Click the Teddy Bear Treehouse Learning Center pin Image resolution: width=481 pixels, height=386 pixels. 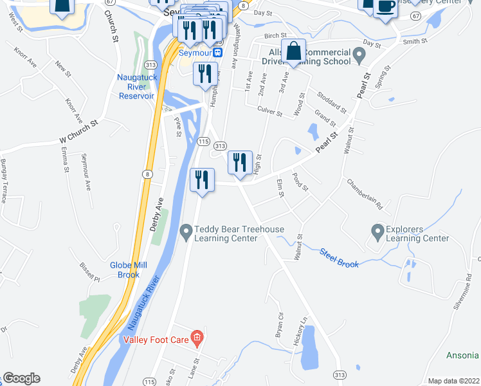[x=186, y=230]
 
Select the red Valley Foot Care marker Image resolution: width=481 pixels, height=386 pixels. [x=197, y=337]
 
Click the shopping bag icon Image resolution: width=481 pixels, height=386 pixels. [x=293, y=51]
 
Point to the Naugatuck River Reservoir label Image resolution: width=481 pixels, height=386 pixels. [x=136, y=86]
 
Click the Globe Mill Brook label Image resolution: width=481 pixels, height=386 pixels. [x=129, y=270]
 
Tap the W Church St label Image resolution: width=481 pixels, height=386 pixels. [x=78, y=130]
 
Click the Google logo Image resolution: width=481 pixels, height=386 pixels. [x=21, y=379]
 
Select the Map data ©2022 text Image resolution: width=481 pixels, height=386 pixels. [x=453, y=381]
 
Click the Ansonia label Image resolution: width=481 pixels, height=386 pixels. [x=462, y=355]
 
